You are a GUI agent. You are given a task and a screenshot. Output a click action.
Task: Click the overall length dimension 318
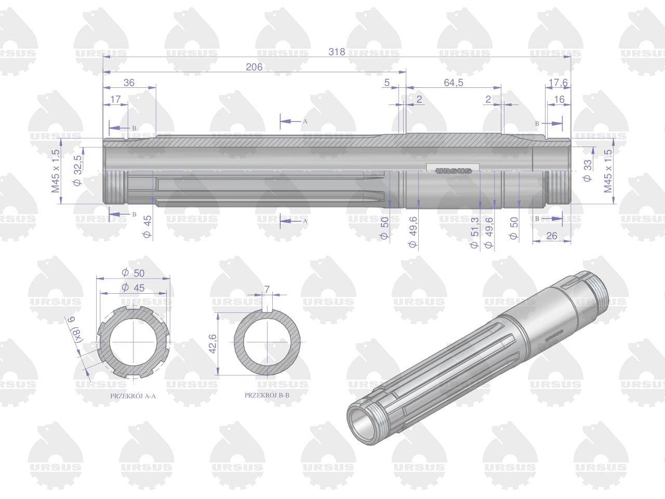(337, 52)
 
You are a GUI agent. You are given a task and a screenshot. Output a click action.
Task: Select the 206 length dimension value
(254, 67)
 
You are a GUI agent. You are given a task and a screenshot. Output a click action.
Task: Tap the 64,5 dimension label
(453, 83)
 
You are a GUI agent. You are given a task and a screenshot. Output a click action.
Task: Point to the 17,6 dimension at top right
(558, 83)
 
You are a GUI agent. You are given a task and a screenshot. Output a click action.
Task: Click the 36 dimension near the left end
(129, 83)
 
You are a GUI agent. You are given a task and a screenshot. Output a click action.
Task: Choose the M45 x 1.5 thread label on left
(56, 171)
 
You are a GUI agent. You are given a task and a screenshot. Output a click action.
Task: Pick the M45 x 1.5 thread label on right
(608, 171)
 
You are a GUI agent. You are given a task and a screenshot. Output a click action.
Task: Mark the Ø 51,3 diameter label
(474, 233)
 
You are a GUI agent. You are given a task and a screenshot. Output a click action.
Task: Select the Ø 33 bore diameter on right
(587, 171)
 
